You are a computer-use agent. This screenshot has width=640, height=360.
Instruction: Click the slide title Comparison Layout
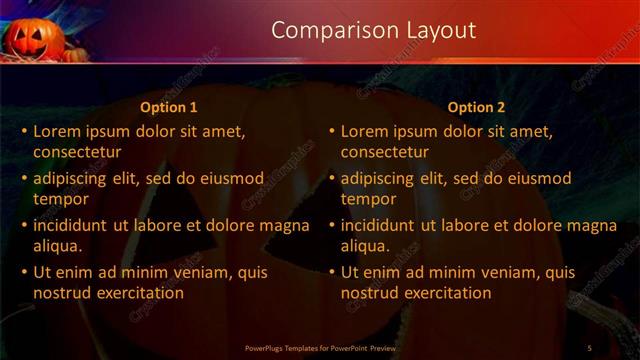pyautogui.click(x=373, y=31)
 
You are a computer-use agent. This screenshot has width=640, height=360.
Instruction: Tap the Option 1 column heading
pyautogui.click(x=169, y=107)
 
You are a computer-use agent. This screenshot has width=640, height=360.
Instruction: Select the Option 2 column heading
pyautogui.click(x=477, y=107)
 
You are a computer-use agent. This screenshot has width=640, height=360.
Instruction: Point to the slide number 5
pyautogui.click(x=589, y=347)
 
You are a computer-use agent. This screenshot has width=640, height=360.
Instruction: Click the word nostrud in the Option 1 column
pyautogui.click(x=61, y=293)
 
